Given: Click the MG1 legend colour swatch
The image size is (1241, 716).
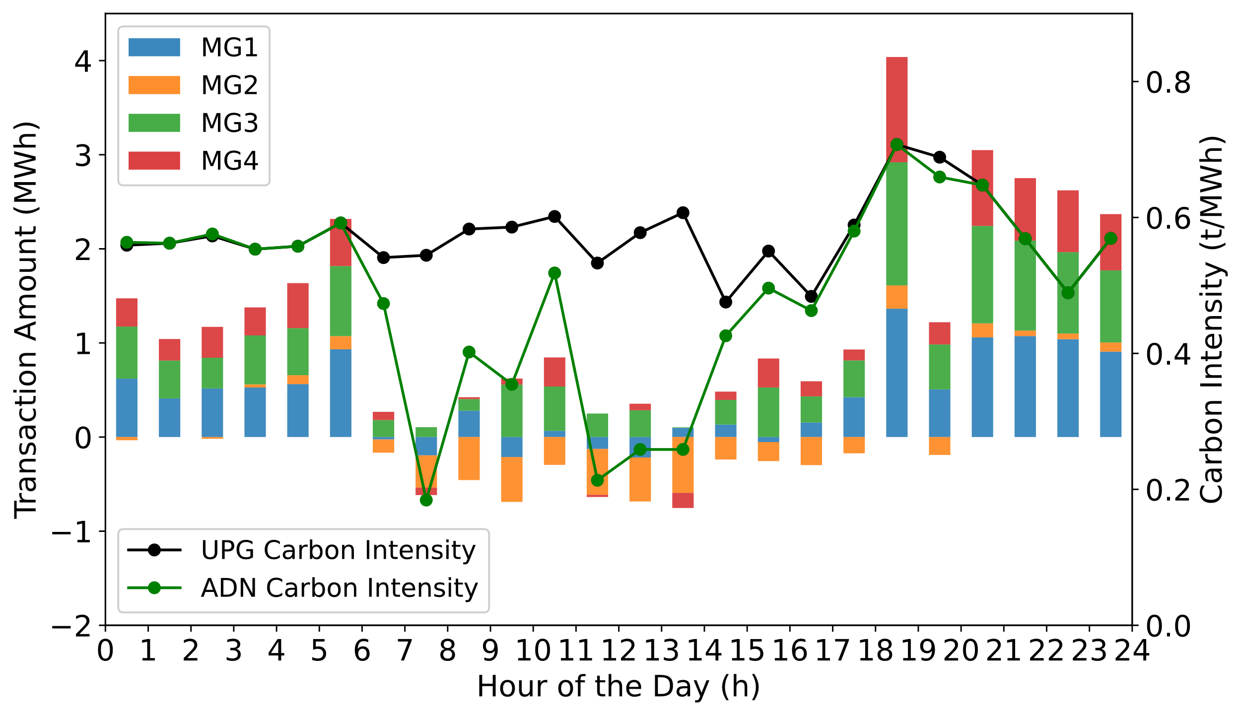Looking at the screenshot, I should (x=154, y=47).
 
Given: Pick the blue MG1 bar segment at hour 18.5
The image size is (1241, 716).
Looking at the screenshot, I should (x=896, y=373).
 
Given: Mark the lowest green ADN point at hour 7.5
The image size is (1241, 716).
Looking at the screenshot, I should (x=426, y=500).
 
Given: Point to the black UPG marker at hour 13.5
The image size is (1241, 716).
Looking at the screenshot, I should (x=683, y=213).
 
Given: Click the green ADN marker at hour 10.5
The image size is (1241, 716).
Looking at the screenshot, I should (x=554, y=273).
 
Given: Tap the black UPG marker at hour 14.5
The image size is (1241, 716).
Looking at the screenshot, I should (x=725, y=302).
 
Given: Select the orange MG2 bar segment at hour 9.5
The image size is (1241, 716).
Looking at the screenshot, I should (x=512, y=479).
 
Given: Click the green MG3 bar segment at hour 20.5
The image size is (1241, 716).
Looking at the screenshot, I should (x=982, y=274).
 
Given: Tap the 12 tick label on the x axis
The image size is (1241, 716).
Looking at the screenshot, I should (x=619, y=651).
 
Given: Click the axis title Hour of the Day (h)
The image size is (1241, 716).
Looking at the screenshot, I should (x=619, y=687).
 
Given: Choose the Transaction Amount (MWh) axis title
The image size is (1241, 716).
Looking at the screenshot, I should (x=26, y=320).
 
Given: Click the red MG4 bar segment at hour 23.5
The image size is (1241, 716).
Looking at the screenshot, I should (x=1110, y=242).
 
